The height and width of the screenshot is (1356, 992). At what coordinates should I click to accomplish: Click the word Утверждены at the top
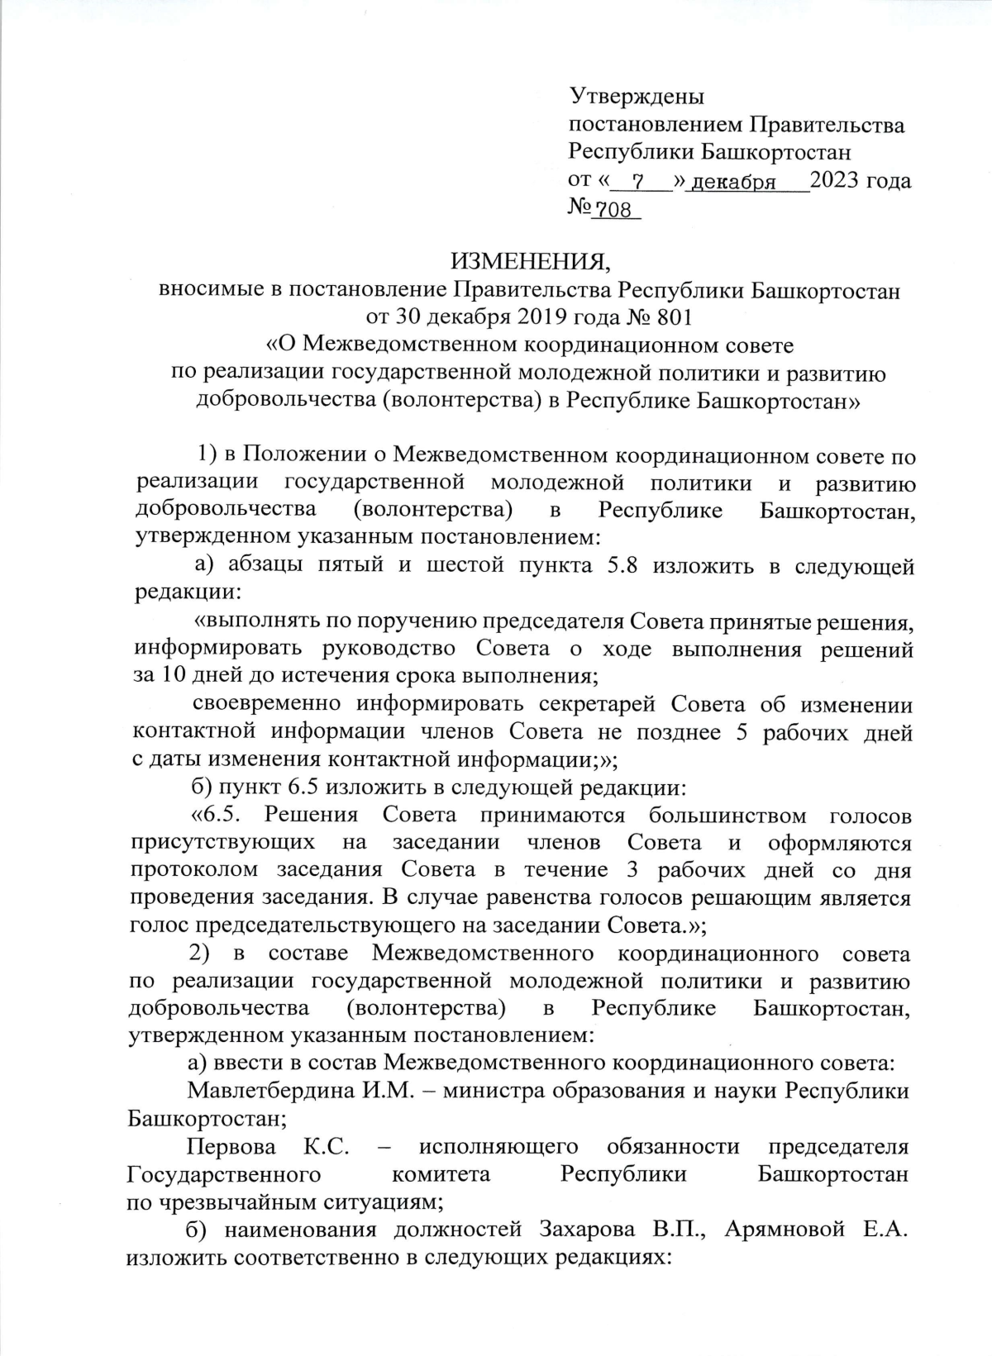pos(637,97)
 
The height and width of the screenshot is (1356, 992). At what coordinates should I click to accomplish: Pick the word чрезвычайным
pos(220,1201)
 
